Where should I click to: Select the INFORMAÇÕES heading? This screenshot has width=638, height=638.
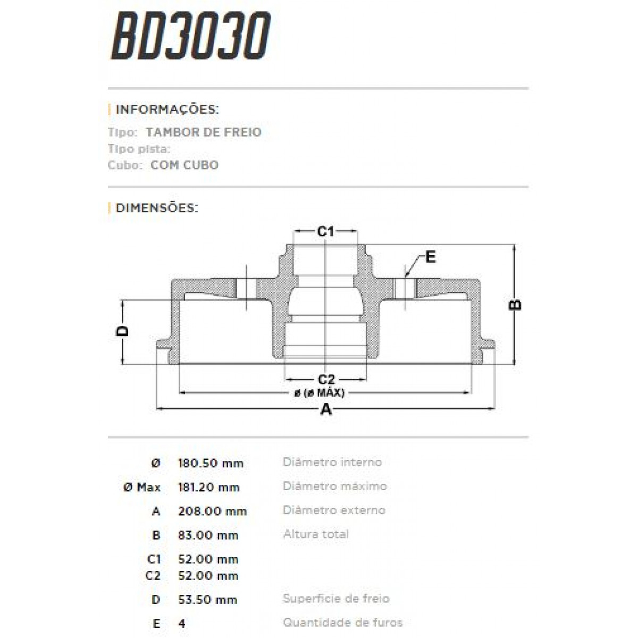pos(167,110)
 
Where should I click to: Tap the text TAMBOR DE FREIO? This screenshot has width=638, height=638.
pos(204,132)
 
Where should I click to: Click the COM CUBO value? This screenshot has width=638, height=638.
pos(184,165)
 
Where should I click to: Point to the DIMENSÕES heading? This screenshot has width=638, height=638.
pos(156,208)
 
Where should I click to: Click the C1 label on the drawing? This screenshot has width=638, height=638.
pos(325,232)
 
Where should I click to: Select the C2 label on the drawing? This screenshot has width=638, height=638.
pos(326,380)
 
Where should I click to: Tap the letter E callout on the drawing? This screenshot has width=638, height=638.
pos(431,257)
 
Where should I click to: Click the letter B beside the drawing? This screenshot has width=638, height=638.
pos(515,305)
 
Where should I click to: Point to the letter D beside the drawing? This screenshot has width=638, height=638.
pos(123,331)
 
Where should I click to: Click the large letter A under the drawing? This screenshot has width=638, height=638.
pos(326,409)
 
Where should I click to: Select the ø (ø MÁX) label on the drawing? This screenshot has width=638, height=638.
pos(319,393)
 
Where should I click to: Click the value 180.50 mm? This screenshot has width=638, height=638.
pos(211,463)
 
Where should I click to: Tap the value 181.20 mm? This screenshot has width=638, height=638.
pos(209,487)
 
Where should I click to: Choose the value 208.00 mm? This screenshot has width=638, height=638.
pos(212,511)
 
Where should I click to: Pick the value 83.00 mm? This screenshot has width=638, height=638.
pos(208,535)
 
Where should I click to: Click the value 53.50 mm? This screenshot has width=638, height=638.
pos(207,600)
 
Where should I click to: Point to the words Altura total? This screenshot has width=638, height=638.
pos(316,534)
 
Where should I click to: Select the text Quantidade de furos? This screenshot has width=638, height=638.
pos(342,622)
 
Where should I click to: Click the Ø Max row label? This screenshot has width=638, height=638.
pos(141,487)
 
